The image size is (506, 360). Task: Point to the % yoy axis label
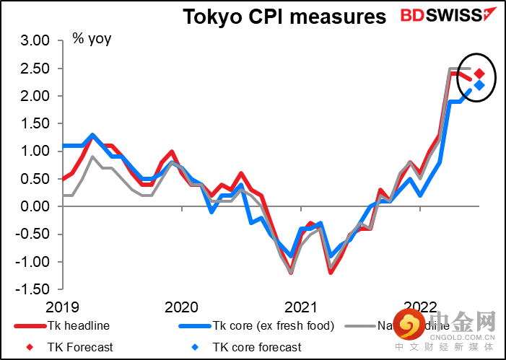(92, 38)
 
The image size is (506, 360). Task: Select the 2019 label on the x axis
(64, 307)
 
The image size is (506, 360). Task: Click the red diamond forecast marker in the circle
(479, 74)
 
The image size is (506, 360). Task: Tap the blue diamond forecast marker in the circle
(479, 85)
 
